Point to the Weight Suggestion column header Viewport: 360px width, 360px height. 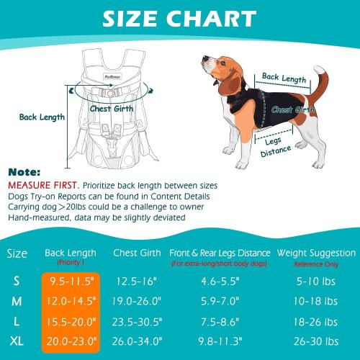pyautogui.click(x=318, y=253)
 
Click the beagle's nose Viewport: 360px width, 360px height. pyautogui.click(x=199, y=66)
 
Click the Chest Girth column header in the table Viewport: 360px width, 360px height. pyautogui.click(x=137, y=253)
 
